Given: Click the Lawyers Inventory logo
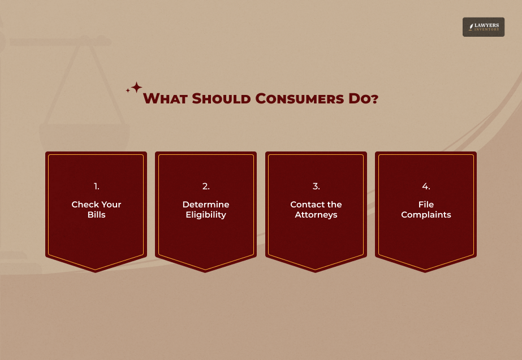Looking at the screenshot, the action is [x=484, y=27].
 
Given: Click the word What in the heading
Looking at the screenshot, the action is [x=166, y=98].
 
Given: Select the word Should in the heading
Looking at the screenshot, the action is [x=221, y=98].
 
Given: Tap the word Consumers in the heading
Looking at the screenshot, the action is [x=300, y=98].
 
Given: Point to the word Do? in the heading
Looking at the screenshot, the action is [x=364, y=98].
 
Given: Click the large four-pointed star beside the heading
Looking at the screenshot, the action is [x=136, y=88].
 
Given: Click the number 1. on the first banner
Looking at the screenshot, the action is [x=97, y=186].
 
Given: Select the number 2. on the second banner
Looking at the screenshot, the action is [x=206, y=186].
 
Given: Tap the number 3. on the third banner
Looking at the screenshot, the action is [x=316, y=186].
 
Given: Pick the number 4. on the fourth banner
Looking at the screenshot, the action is [x=426, y=186].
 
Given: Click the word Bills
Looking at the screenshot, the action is [x=97, y=215].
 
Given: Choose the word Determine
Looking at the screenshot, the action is [x=206, y=204].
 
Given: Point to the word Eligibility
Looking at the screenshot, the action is [x=206, y=215].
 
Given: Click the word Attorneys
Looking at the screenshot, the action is [x=316, y=215].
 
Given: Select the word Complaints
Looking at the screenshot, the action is [x=426, y=215].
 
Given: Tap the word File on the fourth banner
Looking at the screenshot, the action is [x=426, y=204].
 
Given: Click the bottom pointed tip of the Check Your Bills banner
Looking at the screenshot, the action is [x=96, y=272].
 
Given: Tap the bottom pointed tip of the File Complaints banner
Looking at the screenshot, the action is [x=425, y=272].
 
